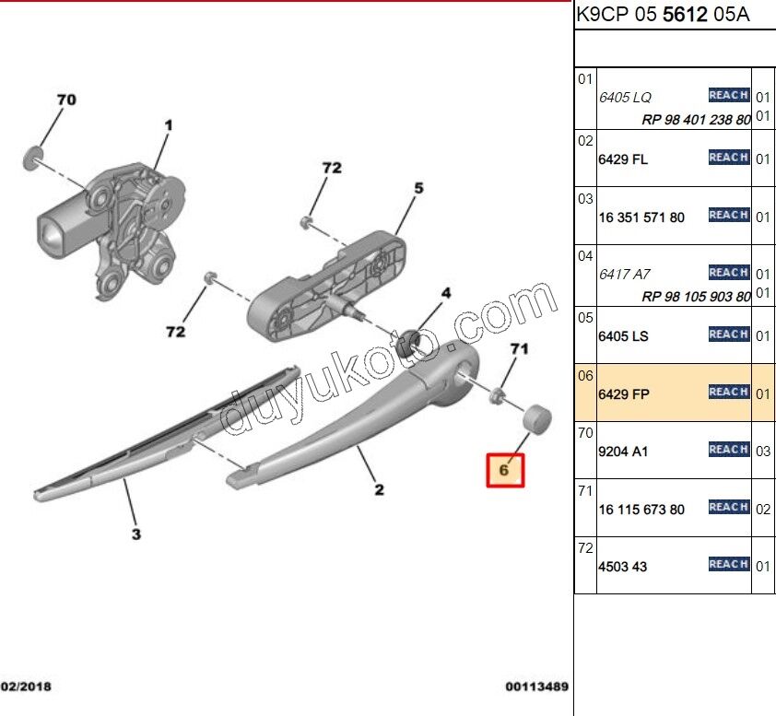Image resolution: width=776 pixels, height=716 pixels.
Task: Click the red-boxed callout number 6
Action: [504, 469]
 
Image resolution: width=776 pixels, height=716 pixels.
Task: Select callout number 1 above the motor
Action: [169, 124]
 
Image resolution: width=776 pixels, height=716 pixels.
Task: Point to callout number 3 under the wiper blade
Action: [135, 534]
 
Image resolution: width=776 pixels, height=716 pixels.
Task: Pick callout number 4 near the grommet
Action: [445, 294]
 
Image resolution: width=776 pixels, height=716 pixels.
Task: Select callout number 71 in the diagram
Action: [520, 348]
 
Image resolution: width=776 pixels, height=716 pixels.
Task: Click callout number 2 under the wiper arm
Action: [379, 489]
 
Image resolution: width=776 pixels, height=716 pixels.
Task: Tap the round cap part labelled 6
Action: [537, 417]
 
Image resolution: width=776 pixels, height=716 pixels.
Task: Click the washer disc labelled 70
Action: [32, 157]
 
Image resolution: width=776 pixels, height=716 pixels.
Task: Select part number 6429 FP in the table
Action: [624, 394]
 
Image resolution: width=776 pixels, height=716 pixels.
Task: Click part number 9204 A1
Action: [623, 452]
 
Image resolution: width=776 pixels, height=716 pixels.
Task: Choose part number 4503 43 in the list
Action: [623, 567]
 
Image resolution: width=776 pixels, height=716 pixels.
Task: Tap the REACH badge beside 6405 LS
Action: [728, 335]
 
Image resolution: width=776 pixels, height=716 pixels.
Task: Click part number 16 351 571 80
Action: [641, 217]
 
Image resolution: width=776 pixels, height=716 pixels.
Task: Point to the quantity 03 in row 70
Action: [763, 452]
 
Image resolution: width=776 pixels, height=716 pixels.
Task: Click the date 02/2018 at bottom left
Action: [27, 687]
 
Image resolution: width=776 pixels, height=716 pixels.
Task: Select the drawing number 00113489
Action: [536, 687]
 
